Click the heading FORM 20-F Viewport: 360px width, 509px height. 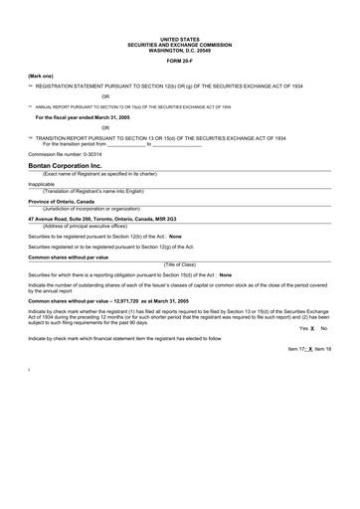point(179,60)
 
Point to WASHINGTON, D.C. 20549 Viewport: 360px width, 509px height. point(179,49)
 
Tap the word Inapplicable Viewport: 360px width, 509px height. point(42,184)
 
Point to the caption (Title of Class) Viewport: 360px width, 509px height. point(179,263)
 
